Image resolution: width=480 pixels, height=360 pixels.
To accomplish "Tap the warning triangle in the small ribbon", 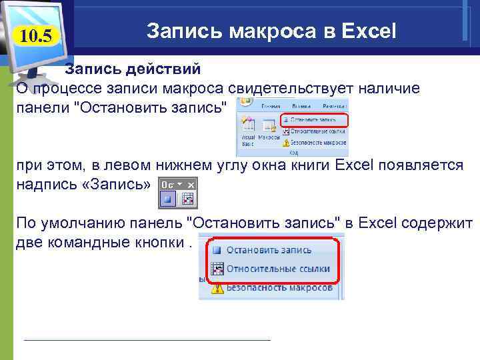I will pos(286,142).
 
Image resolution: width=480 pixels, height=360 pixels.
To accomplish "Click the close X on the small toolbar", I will pos(191,185).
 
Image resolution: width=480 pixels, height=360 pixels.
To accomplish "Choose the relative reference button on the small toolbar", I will pos(187,199).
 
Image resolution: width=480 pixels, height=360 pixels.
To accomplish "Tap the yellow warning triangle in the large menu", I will pos(216,287).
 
